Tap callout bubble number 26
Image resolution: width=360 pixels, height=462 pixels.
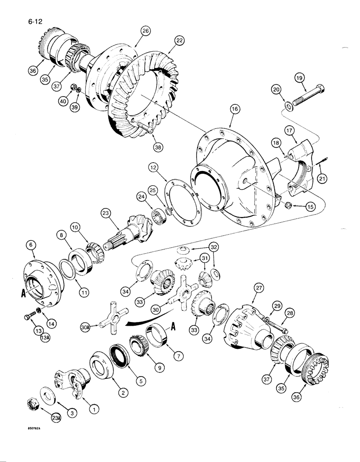(x=146, y=31)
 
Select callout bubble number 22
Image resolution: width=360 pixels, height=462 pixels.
(x=178, y=41)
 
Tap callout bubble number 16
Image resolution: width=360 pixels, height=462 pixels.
(x=234, y=109)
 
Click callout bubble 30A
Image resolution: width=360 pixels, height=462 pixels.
(x=98, y=328)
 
